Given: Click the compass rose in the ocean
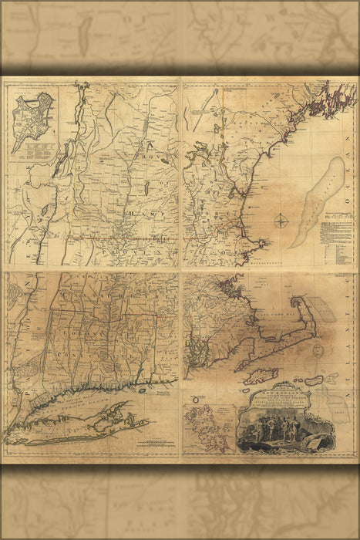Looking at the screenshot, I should [282, 224].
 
